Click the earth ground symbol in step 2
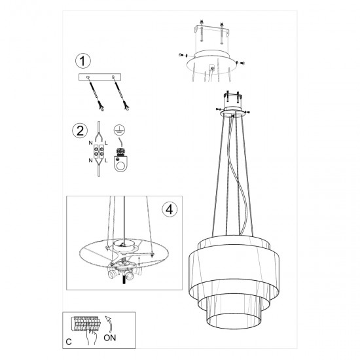tap(119, 130)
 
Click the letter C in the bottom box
tap(69, 340)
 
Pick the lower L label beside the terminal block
tap(105, 160)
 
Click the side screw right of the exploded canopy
tap(243, 61)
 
